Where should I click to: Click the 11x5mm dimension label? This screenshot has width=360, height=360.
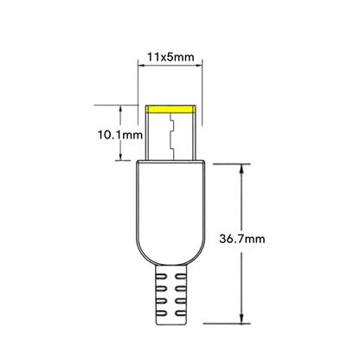pyautogui.click(x=170, y=57)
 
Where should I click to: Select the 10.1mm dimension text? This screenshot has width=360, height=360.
pyautogui.click(x=120, y=135)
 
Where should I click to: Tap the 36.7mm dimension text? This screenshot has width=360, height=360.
pyautogui.click(x=242, y=239)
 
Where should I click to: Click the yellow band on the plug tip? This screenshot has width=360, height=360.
pyautogui.click(x=170, y=109)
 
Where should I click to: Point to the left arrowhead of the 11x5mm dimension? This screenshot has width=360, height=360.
pyautogui.click(x=142, y=66)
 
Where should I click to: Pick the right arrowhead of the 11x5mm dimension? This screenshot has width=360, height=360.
pyautogui.click(x=198, y=66)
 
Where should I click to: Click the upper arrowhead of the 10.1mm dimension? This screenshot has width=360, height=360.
pyautogui.click(x=121, y=109)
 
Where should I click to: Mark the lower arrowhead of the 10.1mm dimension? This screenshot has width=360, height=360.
pyautogui.click(x=121, y=156)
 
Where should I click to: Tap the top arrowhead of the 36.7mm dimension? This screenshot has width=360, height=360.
pyautogui.click(x=241, y=169)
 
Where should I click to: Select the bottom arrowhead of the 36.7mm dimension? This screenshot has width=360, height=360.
pyautogui.click(x=241, y=318)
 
